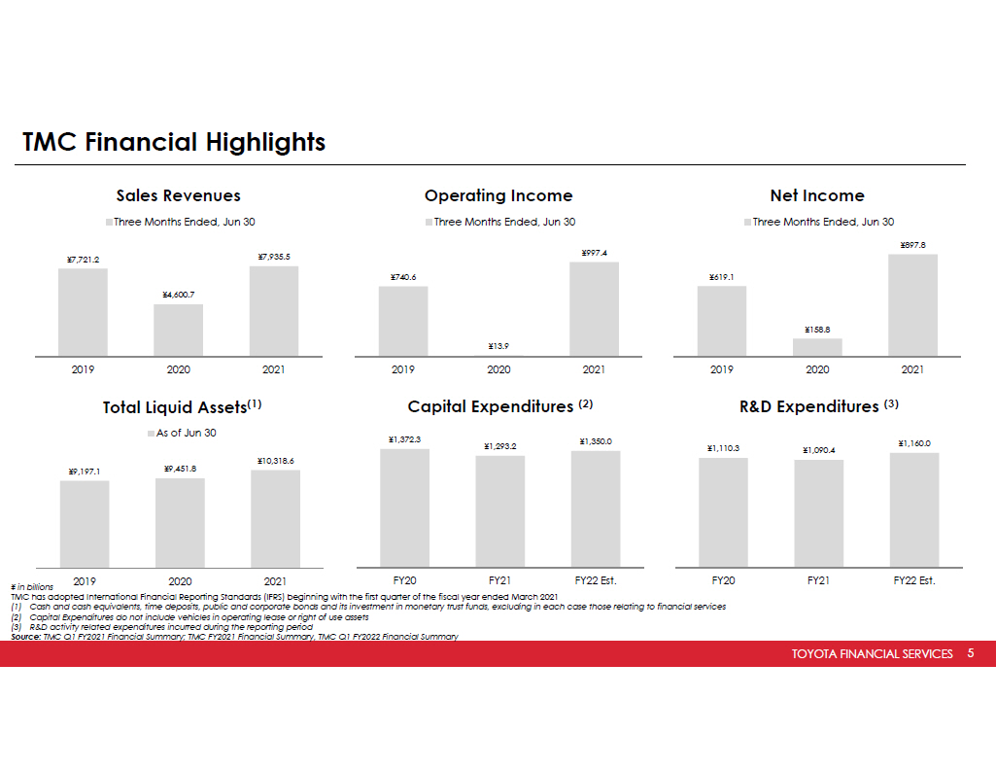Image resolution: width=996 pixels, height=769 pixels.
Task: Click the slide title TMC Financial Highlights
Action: click(174, 143)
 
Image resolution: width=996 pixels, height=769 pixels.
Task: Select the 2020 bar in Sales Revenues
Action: click(178, 330)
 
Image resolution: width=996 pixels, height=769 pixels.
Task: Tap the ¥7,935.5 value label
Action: click(274, 257)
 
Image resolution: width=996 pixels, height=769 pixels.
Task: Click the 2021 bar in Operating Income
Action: click(594, 308)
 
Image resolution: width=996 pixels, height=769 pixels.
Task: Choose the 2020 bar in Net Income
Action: click(817, 346)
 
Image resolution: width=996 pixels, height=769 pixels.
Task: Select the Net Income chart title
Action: click(816, 195)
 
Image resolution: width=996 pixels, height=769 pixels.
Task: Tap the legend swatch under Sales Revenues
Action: click(109, 223)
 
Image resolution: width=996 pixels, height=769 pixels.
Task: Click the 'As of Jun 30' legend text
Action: click(186, 433)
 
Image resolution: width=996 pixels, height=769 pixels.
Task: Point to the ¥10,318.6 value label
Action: click(275, 461)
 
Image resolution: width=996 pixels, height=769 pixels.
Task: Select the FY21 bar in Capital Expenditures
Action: click(499, 510)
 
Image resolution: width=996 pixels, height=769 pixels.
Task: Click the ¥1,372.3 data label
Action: click(404, 439)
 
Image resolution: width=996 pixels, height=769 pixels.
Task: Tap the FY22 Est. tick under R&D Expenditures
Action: click(913, 580)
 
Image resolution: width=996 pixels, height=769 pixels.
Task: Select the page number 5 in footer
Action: click(970, 653)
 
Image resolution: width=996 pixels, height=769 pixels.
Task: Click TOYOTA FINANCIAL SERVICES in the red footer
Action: click(872, 654)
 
